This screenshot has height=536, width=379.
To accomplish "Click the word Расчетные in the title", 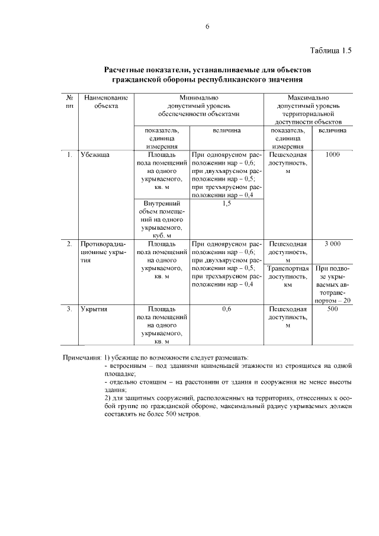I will tap(129, 70).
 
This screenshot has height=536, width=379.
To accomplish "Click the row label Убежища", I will tap(95, 155).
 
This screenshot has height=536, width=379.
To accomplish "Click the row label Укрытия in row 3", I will tap(95, 309).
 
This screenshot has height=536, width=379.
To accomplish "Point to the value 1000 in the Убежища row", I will tap(332, 155).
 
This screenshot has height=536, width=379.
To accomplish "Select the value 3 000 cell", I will tap(332, 243).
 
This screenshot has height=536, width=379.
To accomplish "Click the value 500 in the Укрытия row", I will tap(332, 309).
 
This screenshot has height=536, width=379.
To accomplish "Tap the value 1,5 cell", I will tap(226, 204).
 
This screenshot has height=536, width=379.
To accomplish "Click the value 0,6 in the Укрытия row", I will tap(226, 309).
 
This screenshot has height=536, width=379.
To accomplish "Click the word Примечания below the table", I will tap(82, 358).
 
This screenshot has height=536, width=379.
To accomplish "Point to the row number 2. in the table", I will tap(69, 243).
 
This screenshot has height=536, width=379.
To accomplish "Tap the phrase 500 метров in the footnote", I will tap(184, 414).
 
